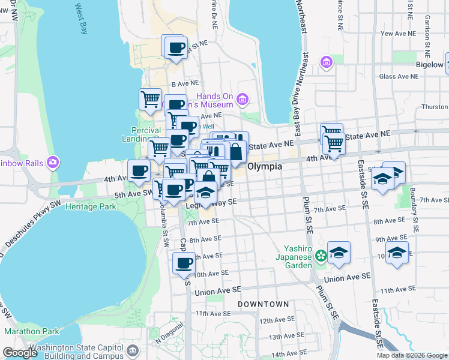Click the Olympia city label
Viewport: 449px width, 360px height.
click(265, 166)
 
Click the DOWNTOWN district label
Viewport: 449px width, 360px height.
click(263, 305)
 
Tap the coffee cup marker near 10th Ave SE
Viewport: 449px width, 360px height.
click(184, 263)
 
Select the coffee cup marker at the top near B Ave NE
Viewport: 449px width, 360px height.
click(175, 48)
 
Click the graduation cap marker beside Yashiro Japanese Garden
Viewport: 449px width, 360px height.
click(339, 253)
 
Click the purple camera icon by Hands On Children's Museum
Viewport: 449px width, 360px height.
click(243, 100)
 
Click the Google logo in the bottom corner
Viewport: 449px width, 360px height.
click(20, 352)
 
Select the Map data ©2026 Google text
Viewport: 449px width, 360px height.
click(411, 355)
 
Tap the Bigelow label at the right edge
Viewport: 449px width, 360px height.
click(430, 64)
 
